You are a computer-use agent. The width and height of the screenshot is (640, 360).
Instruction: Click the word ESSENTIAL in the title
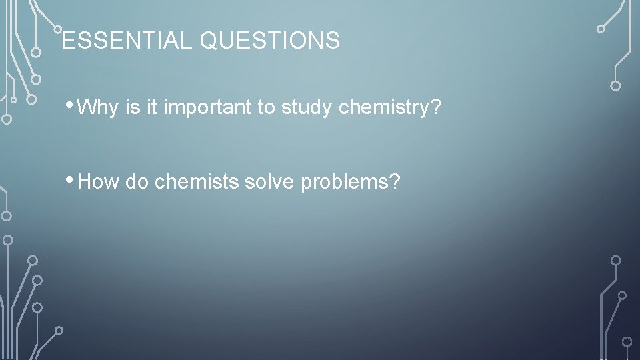click(x=127, y=41)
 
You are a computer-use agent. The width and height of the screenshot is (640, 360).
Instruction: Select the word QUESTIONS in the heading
click(x=269, y=41)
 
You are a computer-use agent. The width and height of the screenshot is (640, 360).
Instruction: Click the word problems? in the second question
click(x=351, y=182)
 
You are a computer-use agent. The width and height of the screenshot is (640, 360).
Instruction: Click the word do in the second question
click(x=136, y=182)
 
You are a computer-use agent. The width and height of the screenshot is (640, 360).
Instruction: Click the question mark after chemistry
click(x=437, y=108)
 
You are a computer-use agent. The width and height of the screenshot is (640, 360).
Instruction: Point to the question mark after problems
click(x=395, y=182)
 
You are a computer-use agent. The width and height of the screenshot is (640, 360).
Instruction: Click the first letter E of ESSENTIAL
click(x=67, y=41)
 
